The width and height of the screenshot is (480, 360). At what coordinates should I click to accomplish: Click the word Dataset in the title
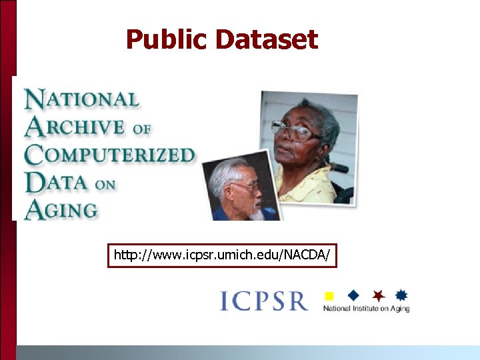point(267,40)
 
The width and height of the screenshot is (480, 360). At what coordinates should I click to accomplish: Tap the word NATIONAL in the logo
point(82,100)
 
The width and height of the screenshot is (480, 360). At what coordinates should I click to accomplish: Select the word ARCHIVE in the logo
point(75,127)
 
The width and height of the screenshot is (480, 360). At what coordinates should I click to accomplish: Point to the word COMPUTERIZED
point(109,154)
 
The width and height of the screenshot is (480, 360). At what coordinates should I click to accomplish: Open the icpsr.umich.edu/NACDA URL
point(222,255)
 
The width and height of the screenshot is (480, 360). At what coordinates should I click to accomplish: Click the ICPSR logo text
point(264,301)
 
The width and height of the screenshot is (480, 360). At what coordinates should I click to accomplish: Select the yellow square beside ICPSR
point(328,295)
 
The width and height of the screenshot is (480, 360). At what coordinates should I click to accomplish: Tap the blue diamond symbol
point(353,294)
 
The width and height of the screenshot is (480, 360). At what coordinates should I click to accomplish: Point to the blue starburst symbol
point(401,295)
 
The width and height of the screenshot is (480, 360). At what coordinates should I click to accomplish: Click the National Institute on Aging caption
point(366,309)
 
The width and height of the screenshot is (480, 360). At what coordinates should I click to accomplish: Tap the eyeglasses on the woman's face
point(296,131)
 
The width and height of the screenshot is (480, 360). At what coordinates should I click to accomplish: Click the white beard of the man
point(257,213)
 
